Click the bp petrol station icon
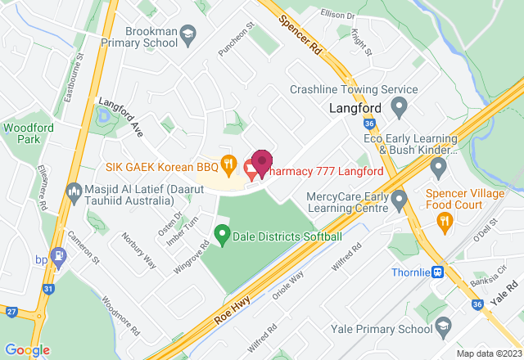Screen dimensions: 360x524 coord(57,257)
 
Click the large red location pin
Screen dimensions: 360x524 coord(262,163)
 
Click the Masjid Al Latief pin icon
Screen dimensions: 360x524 coord(73,190)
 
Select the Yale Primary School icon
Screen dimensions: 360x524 coord(443,329)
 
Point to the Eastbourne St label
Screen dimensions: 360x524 coord(73,74)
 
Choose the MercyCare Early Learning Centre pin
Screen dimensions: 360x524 coord(400,199)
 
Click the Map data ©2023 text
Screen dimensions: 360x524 coord(488,353)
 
